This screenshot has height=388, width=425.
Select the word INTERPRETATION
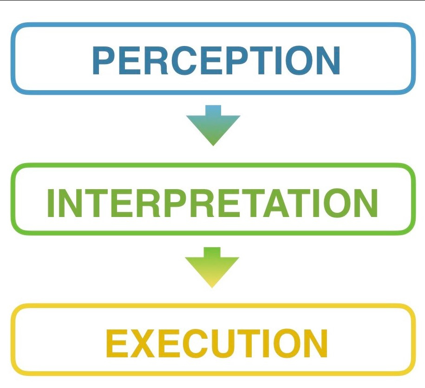click(x=212, y=203)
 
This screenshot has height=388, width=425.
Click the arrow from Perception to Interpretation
click(x=213, y=125)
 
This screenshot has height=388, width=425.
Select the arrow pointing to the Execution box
click(x=212, y=267)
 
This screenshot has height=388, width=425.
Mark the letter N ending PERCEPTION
click(x=325, y=60)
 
